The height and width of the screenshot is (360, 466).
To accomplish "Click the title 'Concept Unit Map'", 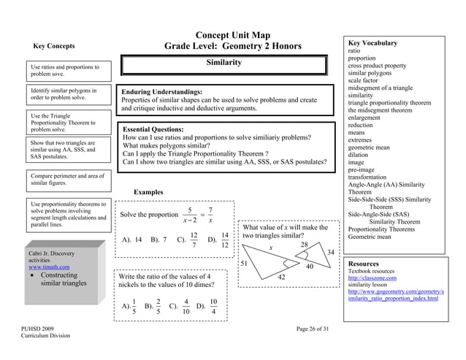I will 233,35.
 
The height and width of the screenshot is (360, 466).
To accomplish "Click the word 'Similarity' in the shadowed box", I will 224,63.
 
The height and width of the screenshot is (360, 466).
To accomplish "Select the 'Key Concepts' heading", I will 54,46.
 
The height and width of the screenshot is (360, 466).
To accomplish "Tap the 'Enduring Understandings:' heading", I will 161,92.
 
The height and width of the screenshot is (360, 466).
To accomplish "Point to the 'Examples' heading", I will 148,192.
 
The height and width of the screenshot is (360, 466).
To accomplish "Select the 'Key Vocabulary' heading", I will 373,44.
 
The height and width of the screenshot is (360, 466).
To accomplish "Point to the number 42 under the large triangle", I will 281,277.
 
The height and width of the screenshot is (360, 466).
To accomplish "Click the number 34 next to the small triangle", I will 331,252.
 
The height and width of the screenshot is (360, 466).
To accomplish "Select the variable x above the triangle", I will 270,248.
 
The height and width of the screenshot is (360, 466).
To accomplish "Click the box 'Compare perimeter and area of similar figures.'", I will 64,180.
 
